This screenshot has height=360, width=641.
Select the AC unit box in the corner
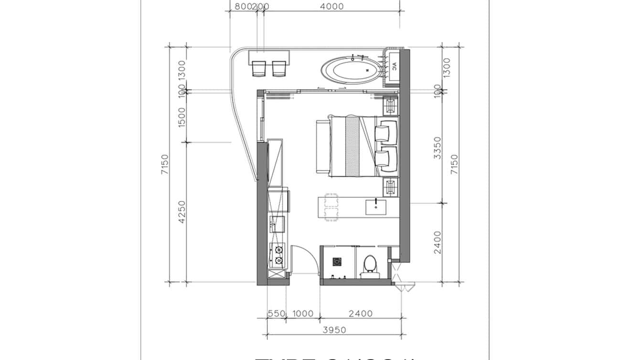(x=395, y=68)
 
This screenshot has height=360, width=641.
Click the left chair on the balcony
(x=259, y=69)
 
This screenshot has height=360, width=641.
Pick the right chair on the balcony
(x=279, y=69)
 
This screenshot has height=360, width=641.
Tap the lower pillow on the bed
(x=386, y=160)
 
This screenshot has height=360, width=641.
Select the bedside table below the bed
(x=390, y=186)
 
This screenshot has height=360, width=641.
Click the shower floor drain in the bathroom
(x=337, y=261)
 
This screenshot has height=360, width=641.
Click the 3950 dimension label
(x=334, y=330)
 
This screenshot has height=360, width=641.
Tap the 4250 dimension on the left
(x=181, y=212)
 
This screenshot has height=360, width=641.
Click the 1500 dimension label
(x=181, y=117)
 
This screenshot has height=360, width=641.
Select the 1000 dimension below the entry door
(x=302, y=314)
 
